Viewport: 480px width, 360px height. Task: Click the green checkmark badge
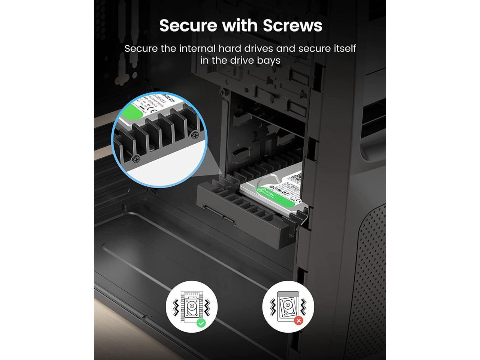point(201,323)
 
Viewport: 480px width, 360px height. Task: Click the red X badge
point(298,321)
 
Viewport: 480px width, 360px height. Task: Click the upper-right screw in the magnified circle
point(194,134)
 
